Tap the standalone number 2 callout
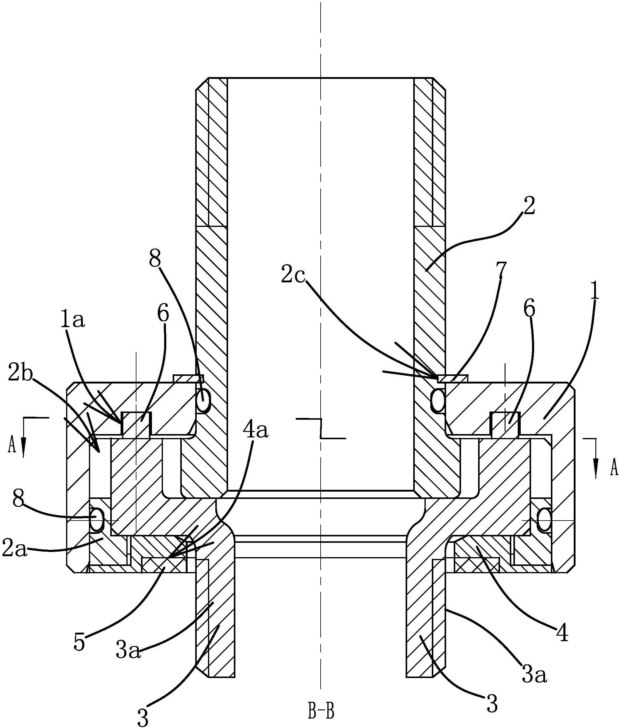pos(529,207)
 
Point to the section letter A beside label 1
pos(614,468)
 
